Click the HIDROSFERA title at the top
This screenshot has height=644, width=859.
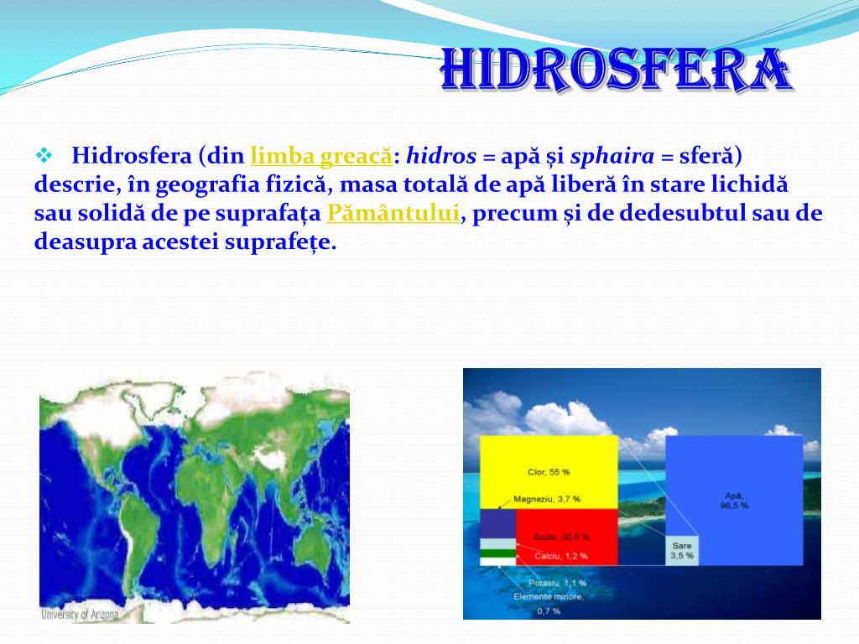tap(614, 71)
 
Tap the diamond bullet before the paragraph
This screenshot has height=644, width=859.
tap(44, 156)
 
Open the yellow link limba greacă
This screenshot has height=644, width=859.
tap(320, 156)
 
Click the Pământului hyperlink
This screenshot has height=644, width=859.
tap(393, 213)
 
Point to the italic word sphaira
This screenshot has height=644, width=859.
tap(612, 156)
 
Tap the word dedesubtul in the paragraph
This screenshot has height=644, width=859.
tap(678, 213)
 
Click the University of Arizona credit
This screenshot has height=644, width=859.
tap(81, 615)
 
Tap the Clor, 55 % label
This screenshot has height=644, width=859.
tap(549, 472)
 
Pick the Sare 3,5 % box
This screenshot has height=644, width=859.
tap(682, 550)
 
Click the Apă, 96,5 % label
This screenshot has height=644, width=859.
tap(734, 501)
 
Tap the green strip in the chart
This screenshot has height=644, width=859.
tap(497, 555)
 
